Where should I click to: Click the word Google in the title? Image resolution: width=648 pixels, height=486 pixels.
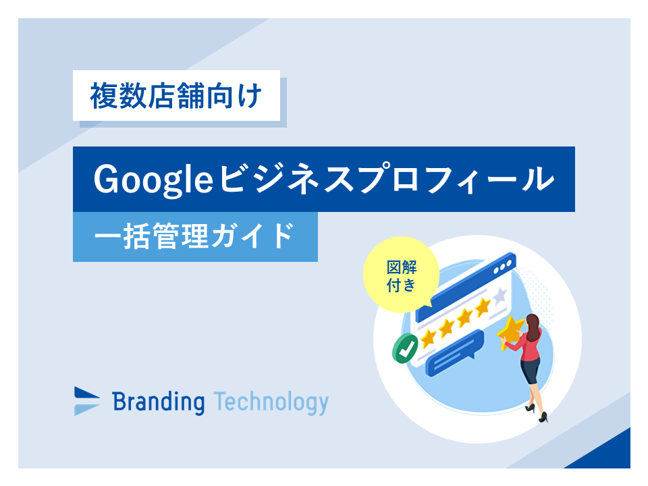pos(153,180)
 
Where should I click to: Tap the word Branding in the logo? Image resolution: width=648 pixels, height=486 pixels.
pos(158,402)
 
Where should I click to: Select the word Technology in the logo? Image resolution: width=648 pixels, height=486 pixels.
pos(271,402)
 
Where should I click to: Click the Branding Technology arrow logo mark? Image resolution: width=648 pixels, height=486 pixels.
pos(87,401)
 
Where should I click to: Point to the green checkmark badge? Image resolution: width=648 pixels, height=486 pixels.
pos(405,348)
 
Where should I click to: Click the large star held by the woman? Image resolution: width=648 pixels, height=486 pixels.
pos(511,331)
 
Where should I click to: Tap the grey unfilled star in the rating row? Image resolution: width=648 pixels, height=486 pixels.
pos(500,295)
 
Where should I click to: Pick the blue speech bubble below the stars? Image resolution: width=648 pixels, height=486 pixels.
pos(454,352)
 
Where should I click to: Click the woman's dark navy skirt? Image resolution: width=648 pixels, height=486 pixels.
pos(531,371)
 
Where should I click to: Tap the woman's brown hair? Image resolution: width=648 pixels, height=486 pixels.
pos(533,327)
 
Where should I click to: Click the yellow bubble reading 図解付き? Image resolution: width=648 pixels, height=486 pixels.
pos(401,275)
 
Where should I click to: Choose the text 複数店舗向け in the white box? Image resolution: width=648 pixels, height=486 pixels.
pos(176,96)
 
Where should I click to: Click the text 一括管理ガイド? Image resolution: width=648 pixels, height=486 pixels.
pos(194,236)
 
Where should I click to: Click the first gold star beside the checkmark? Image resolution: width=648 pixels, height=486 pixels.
pos(428,337)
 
